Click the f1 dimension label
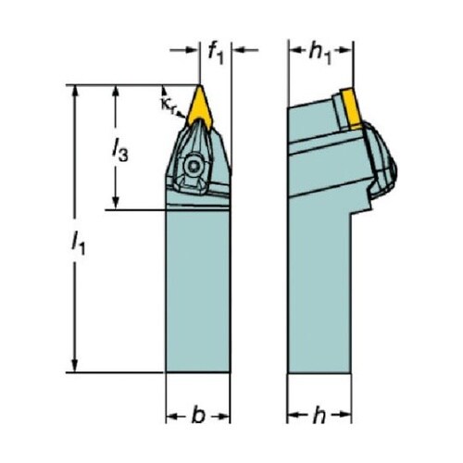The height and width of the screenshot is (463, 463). (x=216, y=53)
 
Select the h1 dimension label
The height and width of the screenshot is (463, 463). (x=320, y=53)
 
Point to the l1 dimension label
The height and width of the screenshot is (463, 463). (x=79, y=243)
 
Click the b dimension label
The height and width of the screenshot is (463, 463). (x=198, y=416)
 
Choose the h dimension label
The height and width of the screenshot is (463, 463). (x=319, y=416)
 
